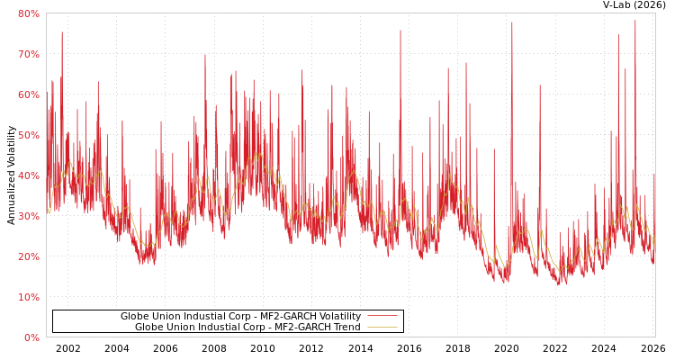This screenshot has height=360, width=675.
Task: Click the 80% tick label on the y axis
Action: [28, 13]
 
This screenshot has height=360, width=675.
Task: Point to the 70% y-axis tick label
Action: [28, 54]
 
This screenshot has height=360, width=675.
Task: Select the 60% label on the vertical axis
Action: [28, 94]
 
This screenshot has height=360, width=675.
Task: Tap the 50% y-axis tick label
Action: [28, 135]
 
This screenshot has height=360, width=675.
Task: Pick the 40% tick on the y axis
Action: [28, 175]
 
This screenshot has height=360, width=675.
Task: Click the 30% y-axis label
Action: [28, 216]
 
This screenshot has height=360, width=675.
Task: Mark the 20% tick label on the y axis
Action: [28, 256]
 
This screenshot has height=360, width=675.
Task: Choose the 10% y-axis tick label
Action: [28, 297]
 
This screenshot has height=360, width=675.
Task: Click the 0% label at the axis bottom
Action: [31, 337]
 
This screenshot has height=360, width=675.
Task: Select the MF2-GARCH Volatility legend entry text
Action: [240, 317]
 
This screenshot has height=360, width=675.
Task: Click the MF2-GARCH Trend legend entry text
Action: [247, 328]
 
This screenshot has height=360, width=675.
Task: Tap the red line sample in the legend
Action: [382, 317]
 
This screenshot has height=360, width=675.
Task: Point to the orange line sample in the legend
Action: [382, 328]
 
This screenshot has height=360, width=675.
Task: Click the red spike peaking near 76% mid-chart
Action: [400, 32]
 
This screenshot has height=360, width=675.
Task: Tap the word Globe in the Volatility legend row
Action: [135, 317]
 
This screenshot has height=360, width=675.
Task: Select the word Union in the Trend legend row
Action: [181, 328]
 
